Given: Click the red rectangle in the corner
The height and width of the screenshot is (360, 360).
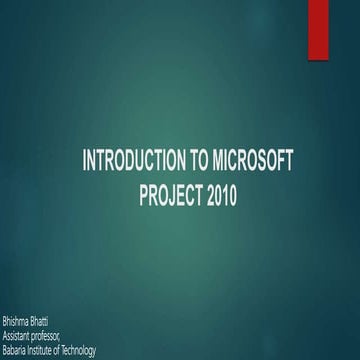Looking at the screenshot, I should (x=345, y=22).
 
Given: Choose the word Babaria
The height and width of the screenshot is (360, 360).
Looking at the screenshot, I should (x=17, y=349).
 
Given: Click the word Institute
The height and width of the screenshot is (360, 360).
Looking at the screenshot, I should (x=49, y=349).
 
